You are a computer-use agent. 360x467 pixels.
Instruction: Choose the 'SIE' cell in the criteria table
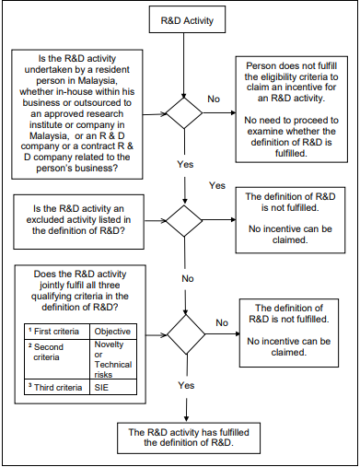114,388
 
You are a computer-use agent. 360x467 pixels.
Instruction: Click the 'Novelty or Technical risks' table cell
114,359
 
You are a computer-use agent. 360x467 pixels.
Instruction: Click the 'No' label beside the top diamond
215,98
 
